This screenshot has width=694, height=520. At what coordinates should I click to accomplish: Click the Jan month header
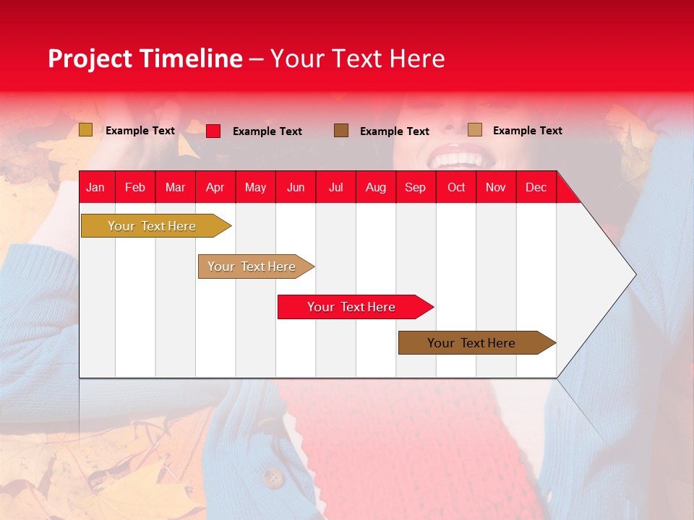point(95,188)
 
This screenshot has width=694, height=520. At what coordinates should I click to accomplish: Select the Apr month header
point(215,188)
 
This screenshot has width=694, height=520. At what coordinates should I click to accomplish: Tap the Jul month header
point(335,188)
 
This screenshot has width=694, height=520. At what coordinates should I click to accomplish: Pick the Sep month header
point(415,188)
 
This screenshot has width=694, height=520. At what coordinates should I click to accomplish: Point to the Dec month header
point(536,188)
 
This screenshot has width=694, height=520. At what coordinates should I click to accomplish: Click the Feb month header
point(135,188)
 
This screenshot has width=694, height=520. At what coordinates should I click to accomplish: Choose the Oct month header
point(456,188)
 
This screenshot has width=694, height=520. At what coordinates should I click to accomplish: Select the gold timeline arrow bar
point(153,226)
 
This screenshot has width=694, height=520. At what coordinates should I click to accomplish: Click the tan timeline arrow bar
point(252,266)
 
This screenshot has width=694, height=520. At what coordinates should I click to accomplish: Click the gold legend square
point(85,130)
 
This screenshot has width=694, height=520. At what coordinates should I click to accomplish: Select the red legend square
point(213,131)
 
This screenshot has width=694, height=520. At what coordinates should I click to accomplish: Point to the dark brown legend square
point(341,130)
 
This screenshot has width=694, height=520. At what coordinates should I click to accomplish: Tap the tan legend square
point(474,130)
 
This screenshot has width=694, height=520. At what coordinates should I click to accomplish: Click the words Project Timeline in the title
point(145,58)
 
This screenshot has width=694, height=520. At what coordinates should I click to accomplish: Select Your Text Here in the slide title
point(358,58)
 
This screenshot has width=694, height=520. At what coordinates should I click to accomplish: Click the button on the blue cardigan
point(273,477)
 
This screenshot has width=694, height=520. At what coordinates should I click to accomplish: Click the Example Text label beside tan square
point(527,131)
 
